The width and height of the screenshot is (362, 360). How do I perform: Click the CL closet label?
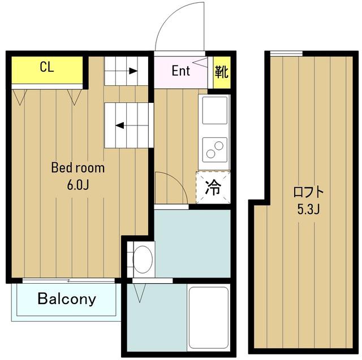[x=47, y=67]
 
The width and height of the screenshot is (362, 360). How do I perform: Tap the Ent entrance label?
[x=181, y=71]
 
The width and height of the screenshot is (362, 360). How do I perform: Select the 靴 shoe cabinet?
[x=222, y=72]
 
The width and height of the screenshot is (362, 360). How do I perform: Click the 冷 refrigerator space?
[x=213, y=188]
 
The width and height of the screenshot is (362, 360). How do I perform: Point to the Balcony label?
[x=67, y=299]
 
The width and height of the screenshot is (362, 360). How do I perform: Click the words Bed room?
[x=78, y=168]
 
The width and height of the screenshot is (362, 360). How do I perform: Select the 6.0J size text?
[x=78, y=185]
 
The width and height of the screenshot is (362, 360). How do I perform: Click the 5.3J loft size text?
[x=308, y=210]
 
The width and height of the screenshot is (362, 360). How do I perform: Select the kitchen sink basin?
[x=214, y=110]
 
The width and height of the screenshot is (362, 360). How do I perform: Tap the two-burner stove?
[x=214, y=150]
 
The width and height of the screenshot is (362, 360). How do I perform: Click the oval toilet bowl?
[x=143, y=259]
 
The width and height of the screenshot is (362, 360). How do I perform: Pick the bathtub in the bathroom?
[x=209, y=318]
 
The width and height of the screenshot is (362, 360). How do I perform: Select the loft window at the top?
[x=286, y=54]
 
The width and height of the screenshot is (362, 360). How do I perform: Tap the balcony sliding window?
[x=68, y=281]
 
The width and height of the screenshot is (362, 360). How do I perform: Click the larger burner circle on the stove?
[x=219, y=145]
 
